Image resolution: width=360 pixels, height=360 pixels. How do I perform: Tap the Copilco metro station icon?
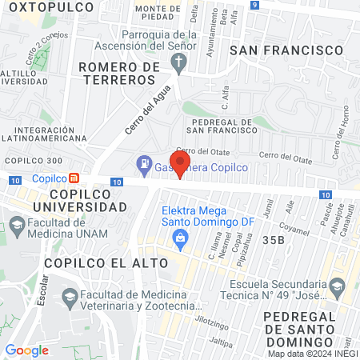[74, 178]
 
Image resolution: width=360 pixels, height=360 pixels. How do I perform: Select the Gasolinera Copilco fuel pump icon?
[144, 166]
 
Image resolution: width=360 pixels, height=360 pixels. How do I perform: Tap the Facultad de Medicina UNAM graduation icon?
[17, 222]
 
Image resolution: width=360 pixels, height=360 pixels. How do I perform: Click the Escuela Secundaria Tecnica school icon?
[338, 286]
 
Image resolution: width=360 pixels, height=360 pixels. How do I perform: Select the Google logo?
[26, 350]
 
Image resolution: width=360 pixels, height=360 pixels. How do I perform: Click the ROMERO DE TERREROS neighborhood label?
[120, 74]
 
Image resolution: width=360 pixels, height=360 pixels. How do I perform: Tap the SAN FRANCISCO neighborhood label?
[286, 50]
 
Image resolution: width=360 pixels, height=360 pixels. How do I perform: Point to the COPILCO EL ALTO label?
[97, 262]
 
